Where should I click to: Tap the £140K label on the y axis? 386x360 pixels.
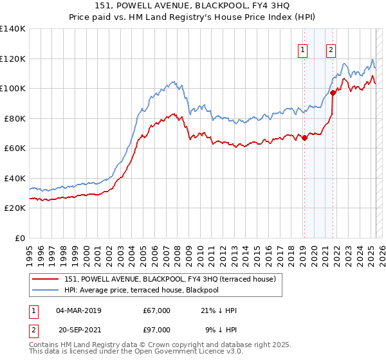coord(13,29)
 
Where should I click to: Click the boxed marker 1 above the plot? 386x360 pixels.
coord(302,50)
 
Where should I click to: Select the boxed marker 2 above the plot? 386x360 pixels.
coord(331,50)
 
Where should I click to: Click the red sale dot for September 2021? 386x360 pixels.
coord(333,93)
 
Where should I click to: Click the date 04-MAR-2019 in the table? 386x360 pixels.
coord(78,310)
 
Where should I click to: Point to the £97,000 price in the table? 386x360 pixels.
coord(157,330)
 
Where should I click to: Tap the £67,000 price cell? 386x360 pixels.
coord(157,310)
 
